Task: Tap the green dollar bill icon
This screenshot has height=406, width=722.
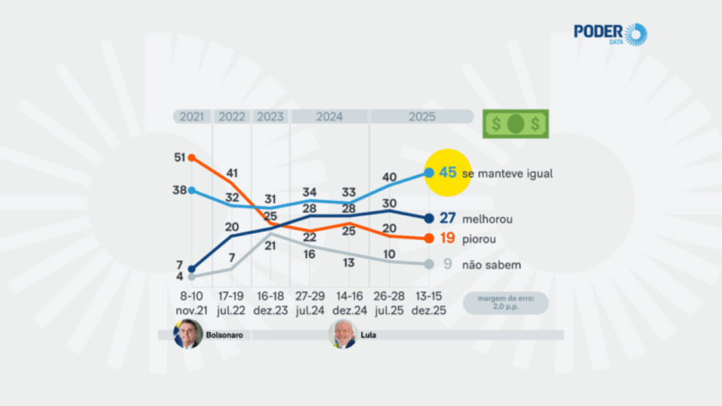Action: [515, 123]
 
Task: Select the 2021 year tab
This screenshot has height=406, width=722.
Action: [192, 117]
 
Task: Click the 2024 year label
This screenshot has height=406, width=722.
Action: [329, 117]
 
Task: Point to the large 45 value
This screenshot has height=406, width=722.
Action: [448, 173]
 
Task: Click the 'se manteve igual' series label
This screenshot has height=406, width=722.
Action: [507, 173]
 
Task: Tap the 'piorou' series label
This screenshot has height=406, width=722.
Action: [479, 239]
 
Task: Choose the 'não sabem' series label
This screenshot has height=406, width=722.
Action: [491, 264]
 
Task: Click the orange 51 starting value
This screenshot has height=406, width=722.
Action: [179, 158]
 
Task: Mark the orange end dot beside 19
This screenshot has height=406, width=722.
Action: [429, 239]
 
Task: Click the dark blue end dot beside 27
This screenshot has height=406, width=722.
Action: [429, 218]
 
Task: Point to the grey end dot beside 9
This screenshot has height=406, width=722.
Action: [429, 264]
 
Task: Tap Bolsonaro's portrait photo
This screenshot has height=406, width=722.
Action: [188, 334]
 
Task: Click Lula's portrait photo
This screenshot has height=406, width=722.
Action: [342, 334]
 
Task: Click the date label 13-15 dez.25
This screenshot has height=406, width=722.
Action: [429, 304]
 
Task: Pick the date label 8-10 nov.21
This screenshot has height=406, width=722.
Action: [192, 304]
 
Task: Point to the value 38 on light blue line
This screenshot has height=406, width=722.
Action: [179, 190]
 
